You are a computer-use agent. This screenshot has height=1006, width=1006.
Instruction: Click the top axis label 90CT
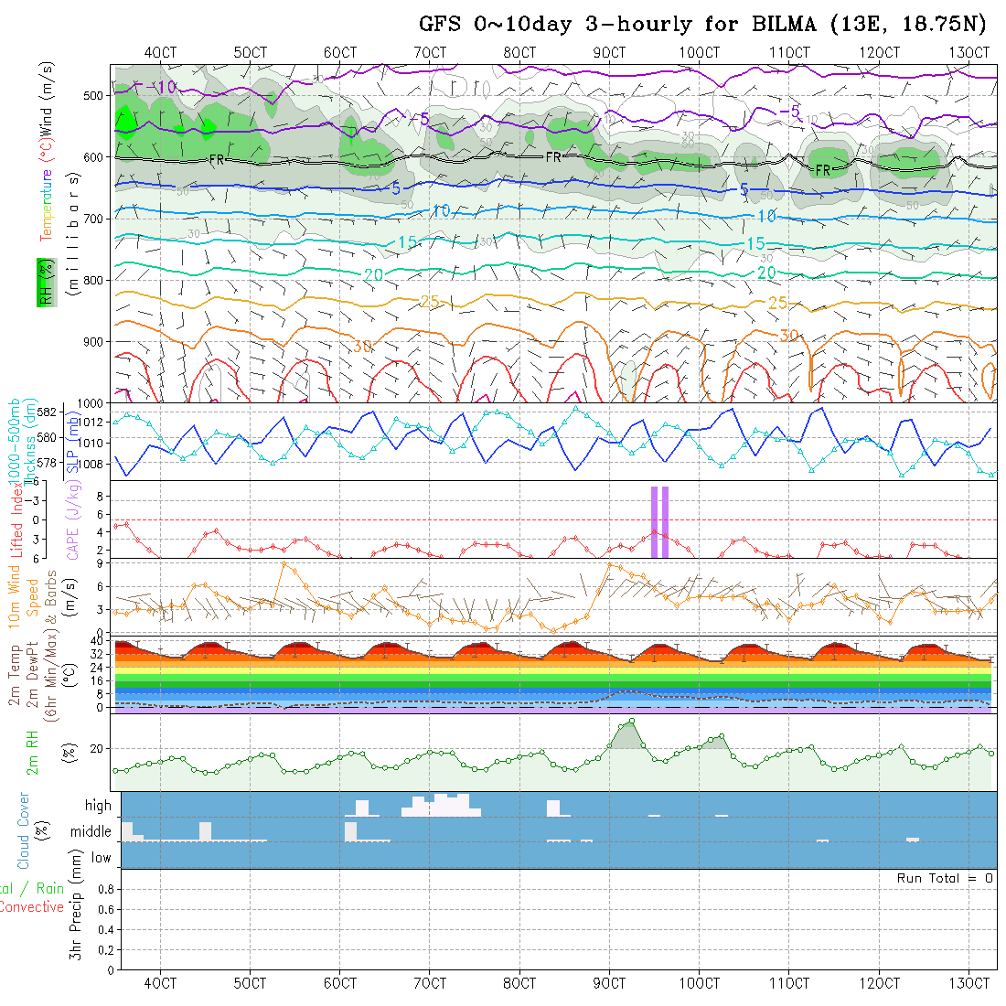pos(609,52)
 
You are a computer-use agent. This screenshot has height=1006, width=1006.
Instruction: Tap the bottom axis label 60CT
pos(339,983)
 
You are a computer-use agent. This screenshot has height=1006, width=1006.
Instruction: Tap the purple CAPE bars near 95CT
pos(659,521)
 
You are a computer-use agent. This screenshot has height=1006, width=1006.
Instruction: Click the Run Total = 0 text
pos(945,878)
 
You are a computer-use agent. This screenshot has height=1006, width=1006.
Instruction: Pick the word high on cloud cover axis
pos(98,806)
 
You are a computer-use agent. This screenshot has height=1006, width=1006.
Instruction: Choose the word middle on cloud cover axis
pos(91,832)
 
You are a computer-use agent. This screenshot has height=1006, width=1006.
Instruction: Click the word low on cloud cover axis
pos(101,858)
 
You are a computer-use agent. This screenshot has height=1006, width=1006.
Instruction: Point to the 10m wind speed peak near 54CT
pos(284,564)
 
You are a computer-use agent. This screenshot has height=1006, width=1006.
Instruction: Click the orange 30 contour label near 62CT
pos(363,347)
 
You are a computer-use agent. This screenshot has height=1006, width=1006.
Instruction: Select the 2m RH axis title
pos(32,751)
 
